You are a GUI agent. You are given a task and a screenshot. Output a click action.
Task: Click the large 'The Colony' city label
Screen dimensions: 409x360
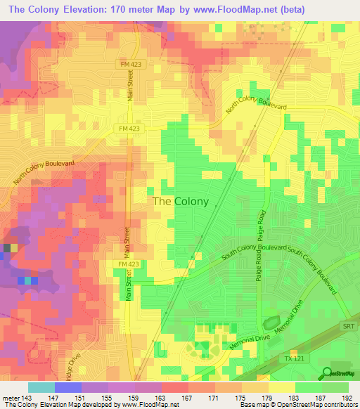[181, 201]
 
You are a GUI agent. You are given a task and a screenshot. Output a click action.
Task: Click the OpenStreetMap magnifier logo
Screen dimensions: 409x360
[328, 372]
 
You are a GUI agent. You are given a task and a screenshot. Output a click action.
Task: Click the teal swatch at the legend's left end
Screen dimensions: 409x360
[41, 387]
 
